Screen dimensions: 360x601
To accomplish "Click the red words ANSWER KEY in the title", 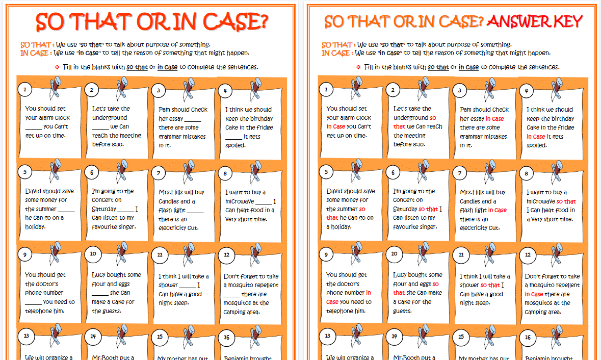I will tap(535, 21).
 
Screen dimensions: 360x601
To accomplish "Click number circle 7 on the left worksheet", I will tap(159, 173).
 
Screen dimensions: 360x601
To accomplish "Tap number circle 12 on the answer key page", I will tap(528, 254).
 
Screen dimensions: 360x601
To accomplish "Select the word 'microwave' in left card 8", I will tap(240, 201).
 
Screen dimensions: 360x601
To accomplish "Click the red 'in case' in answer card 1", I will tap(336, 126).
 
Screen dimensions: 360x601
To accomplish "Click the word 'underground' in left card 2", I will tap(110, 118).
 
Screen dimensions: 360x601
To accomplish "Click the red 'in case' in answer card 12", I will tap(534, 294).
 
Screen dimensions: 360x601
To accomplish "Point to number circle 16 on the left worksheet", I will tap(226, 337).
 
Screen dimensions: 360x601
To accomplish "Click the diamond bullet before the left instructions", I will tap(57, 67).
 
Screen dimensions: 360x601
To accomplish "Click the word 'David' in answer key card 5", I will tap(336, 191).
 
